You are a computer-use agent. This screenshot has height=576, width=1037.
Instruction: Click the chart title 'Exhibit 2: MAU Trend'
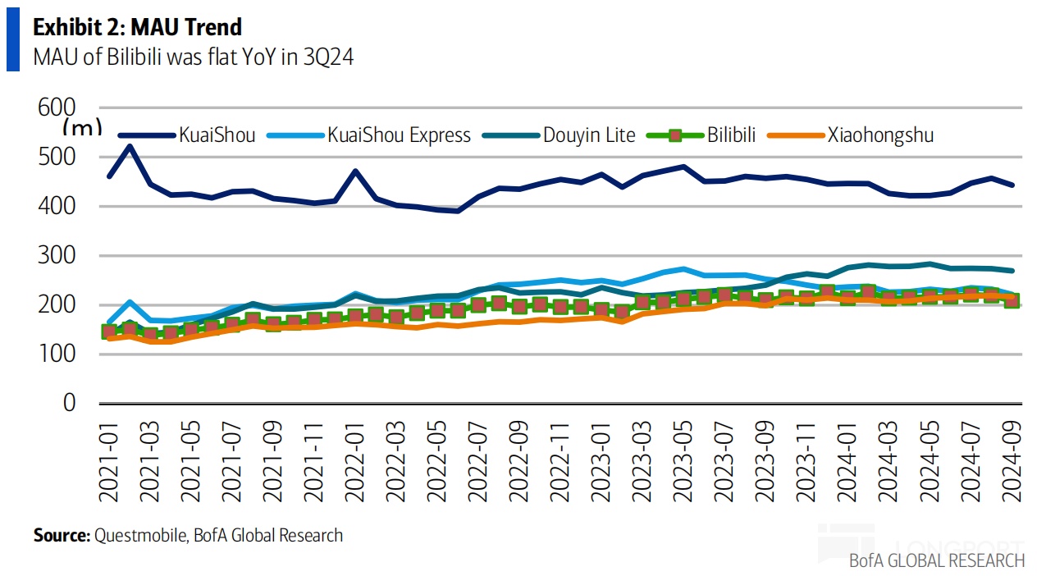(137, 27)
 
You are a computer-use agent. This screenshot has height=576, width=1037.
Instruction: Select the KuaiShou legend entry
(217, 135)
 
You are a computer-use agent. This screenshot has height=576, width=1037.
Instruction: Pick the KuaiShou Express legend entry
(399, 135)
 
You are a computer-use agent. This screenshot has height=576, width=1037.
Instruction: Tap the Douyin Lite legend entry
(589, 135)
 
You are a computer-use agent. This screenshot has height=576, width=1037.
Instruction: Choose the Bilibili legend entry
(731, 135)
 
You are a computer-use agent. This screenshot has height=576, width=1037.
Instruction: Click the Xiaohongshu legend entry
(880, 135)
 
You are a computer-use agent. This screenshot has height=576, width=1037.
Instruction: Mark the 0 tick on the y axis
(69, 403)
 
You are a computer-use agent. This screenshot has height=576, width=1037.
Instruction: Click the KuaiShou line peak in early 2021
(130, 147)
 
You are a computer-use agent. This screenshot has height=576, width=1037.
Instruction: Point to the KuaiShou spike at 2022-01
(355, 171)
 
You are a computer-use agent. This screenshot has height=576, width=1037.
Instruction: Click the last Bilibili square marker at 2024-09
(1012, 301)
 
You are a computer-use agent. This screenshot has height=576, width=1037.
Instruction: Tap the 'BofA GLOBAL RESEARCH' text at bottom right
(937, 561)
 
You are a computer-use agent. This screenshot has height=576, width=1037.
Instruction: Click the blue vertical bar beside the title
(12, 41)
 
